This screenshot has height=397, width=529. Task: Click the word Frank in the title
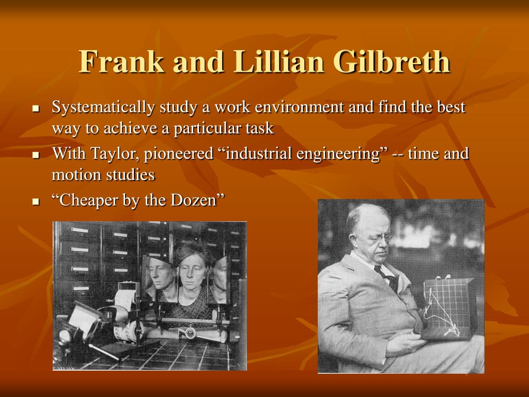point(121,62)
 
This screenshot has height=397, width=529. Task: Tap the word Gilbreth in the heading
point(392,62)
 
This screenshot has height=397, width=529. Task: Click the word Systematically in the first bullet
point(103,108)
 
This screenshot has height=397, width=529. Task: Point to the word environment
point(299,107)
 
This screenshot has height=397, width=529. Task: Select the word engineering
point(338,154)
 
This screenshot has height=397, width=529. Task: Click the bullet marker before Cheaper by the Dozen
point(36,202)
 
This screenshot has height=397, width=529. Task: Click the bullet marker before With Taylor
point(36,155)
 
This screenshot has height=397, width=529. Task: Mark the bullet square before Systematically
point(36,109)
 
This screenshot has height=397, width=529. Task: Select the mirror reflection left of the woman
point(160,277)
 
